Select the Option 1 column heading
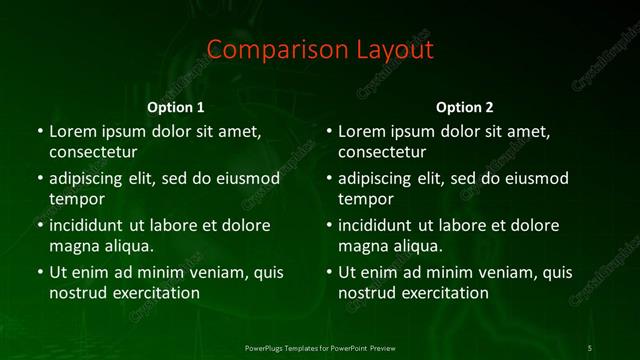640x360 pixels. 176,107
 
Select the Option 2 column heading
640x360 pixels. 465,107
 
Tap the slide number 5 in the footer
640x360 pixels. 590,347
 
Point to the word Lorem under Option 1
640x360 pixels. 73,131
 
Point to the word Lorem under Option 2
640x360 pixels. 363,131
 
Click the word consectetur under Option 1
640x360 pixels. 93,152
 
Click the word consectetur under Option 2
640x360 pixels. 383,152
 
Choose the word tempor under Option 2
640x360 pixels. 367,199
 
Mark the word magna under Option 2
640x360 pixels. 363,246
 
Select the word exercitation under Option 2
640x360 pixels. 442,293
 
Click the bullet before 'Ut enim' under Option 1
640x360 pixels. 39,272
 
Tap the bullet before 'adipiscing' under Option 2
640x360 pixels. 329,179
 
